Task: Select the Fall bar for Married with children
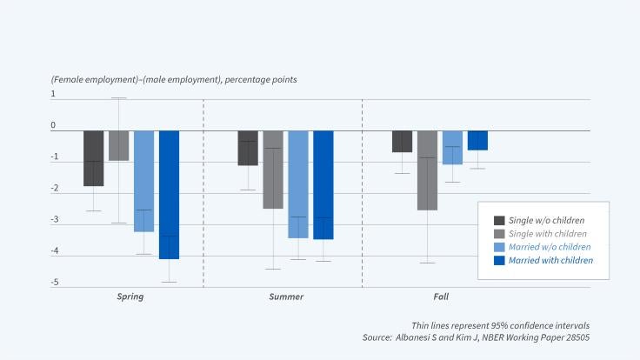[477, 141]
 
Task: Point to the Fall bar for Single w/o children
[402, 142]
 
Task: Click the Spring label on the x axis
[130, 297]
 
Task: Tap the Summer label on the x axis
[285, 297]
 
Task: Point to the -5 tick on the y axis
[53, 283]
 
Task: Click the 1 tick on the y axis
[53, 94]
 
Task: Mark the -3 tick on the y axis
[53, 220]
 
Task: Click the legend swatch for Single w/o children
[500, 221]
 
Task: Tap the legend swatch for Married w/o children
[500, 247]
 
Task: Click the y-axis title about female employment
[174, 80]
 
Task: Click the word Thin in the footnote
[423, 323]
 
